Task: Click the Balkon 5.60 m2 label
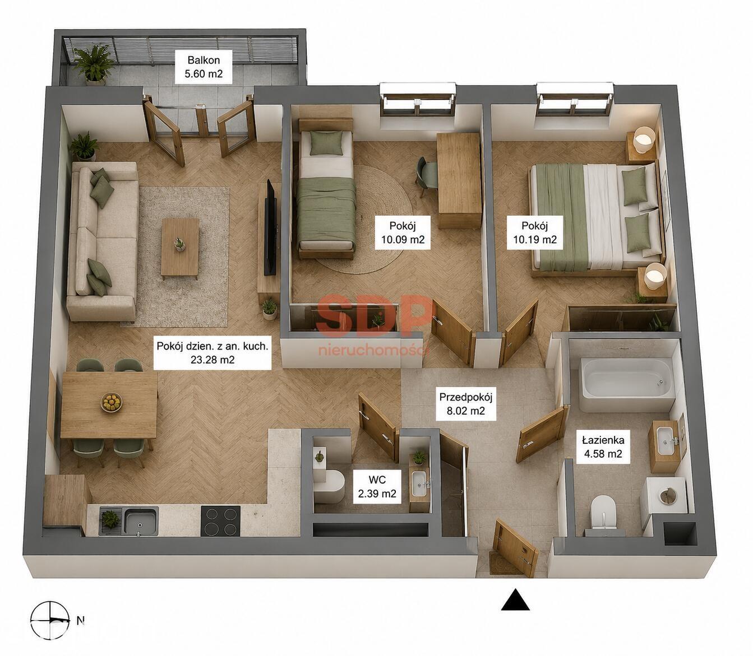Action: (x=204, y=67)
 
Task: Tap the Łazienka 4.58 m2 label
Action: (x=603, y=447)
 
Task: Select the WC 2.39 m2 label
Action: (x=377, y=486)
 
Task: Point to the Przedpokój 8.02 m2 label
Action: (x=465, y=404)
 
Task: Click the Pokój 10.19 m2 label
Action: (x=535, y=232)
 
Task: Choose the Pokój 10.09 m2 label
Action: (x=403, y=232)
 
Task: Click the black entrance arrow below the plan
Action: (x=515, y=599)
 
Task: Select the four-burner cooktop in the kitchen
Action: (x=220, y=521)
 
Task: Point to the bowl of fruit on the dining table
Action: (x=111, y=403)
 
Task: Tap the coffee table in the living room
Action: (x=180, y=247)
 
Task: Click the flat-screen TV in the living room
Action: (x=270, y=228)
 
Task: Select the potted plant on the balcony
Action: (x=94, y=64)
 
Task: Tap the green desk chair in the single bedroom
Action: (x=426, y=176)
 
